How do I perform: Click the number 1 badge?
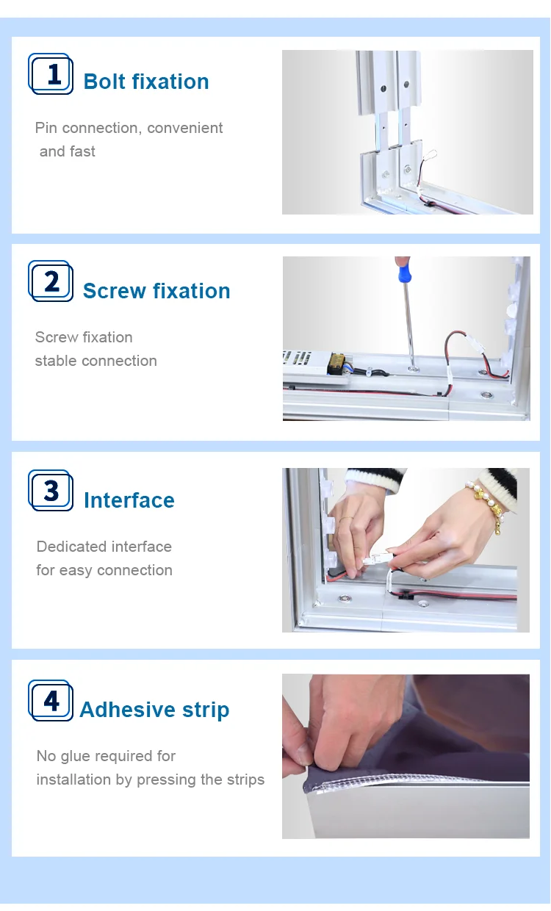(x=51, y=73)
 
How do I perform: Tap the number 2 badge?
(x=51, y=281)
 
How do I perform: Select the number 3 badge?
(x=51, y=491)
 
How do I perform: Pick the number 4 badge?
(x=51, y=700)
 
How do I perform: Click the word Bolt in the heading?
(x=104, y=82)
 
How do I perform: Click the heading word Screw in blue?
(x=115, y=291)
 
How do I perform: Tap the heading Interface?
(x=129, y=500)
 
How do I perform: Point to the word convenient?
(x=184, y=128)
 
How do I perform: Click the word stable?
(x=56, y=361)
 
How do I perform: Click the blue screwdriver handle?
(x=403, y=270)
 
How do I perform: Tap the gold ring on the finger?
(x=347, y=519)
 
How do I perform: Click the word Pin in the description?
(x=46, y=128)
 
